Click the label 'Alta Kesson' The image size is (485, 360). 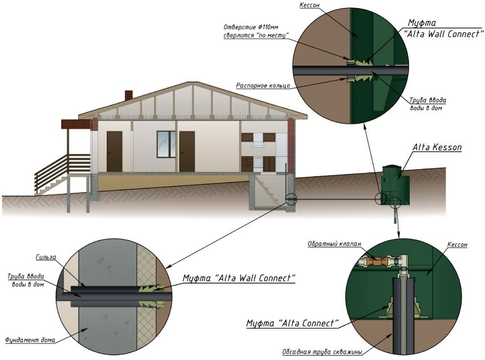(x=437, y=147)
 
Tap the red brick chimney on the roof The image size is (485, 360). (x=129, y=95)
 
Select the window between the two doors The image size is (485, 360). (x=166, y=144)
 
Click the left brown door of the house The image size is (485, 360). (x=115, y=151)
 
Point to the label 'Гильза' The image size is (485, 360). (x=46, y=257)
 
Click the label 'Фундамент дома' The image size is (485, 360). (x=30, y=340)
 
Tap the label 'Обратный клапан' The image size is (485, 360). (x=334, y=244)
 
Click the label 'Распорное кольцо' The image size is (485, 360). (x=263, y=86)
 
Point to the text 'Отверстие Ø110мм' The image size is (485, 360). (x=251, y=27)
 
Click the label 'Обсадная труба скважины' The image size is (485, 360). (x=322, y=352)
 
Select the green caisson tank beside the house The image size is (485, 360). (x=395, y=185)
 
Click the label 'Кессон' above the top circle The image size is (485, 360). (x=310, y=6)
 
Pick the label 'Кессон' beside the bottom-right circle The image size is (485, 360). (x=457, y=245)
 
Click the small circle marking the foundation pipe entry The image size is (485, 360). (x=291, y=200)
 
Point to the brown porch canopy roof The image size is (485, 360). (x=76, y=124)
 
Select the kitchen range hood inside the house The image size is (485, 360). (x=258, y=144)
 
